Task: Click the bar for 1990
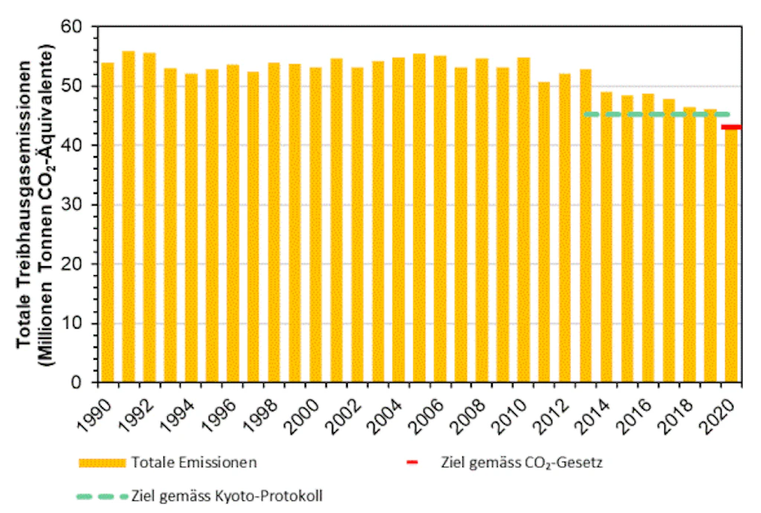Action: pos(108,223)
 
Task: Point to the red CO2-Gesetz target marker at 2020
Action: pos(731,127)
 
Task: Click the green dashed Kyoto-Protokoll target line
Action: pos(654,114)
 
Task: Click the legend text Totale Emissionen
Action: pos(194,462)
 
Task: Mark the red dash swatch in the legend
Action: pos(413,462)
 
